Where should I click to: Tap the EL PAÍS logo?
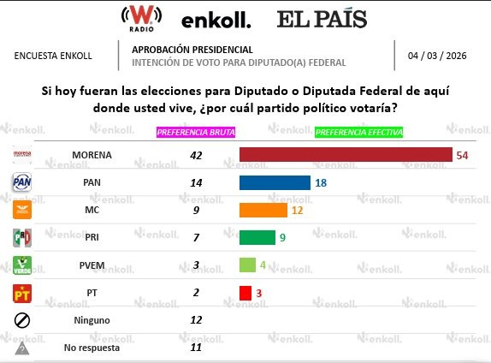[322, 18]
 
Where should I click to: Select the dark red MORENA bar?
[346, 154]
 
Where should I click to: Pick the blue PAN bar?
[275, 182]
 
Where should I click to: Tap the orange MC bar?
[263, 210]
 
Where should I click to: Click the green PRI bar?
[257, 237]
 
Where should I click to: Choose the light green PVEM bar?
[247, 265]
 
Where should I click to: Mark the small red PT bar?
[245, 293]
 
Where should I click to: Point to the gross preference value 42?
[196, 155]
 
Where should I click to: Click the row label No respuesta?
[92, 348]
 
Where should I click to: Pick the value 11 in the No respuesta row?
[196, 348]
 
